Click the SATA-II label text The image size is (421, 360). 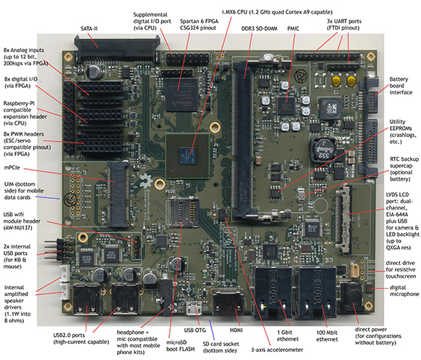[89, 28]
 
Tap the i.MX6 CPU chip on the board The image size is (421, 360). [187, 156]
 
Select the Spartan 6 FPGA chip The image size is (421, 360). [181, 95]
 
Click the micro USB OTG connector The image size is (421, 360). [194, 308]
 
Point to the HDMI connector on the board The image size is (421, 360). [228, 302]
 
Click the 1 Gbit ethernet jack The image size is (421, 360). [273, 292]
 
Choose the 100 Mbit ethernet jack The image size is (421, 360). [316, 292]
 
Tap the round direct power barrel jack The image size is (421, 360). [352, 297]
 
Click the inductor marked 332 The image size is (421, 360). [322, 150]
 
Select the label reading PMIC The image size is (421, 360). [293, 28]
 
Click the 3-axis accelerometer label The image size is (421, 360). [277, 350]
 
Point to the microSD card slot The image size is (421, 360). [183, 212]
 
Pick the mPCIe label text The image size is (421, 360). [12, 168]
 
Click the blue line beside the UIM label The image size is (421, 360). [47, 197]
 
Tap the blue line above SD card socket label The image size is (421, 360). [212, 330]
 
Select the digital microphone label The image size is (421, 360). [404, 291]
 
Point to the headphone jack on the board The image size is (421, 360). [166, 297]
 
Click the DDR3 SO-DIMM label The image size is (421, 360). [259, 28]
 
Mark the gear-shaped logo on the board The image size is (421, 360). [147, 181]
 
